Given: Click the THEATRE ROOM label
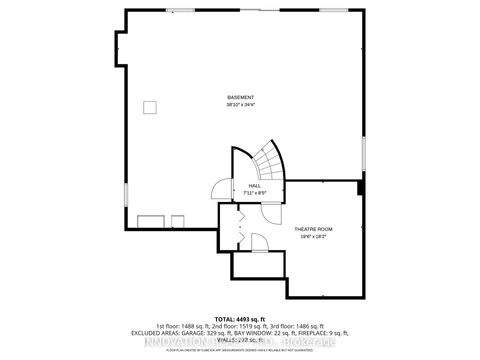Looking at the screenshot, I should coord(312,229).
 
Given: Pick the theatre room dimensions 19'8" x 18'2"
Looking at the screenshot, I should coord(312,237).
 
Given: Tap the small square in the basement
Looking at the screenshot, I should coord(149,105).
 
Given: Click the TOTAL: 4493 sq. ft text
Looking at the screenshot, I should coord(240,318).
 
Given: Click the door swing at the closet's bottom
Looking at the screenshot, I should coord(255,241).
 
